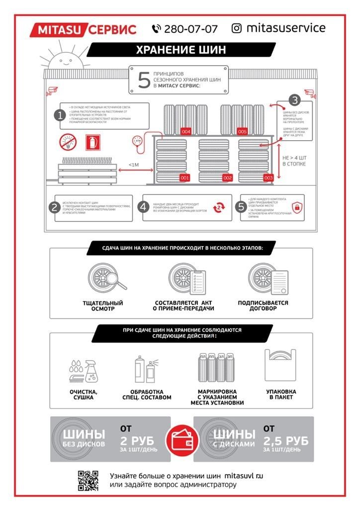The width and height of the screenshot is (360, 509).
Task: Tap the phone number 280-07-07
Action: point(190,29)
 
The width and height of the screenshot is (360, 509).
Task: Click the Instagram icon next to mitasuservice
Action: point(237,28)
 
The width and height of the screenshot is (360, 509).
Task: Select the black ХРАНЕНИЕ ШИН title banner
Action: point(181,50)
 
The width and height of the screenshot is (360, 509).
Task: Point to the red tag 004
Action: point(186,132)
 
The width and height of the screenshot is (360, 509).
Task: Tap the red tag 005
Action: point(242,132)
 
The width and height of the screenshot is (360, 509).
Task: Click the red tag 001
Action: point(184,177)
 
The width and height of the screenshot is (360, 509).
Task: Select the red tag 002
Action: point(227,177)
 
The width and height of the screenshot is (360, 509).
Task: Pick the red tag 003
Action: point(269,177)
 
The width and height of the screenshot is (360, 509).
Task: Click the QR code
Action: point(88,480)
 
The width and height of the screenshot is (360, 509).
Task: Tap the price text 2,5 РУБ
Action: point(286,441)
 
